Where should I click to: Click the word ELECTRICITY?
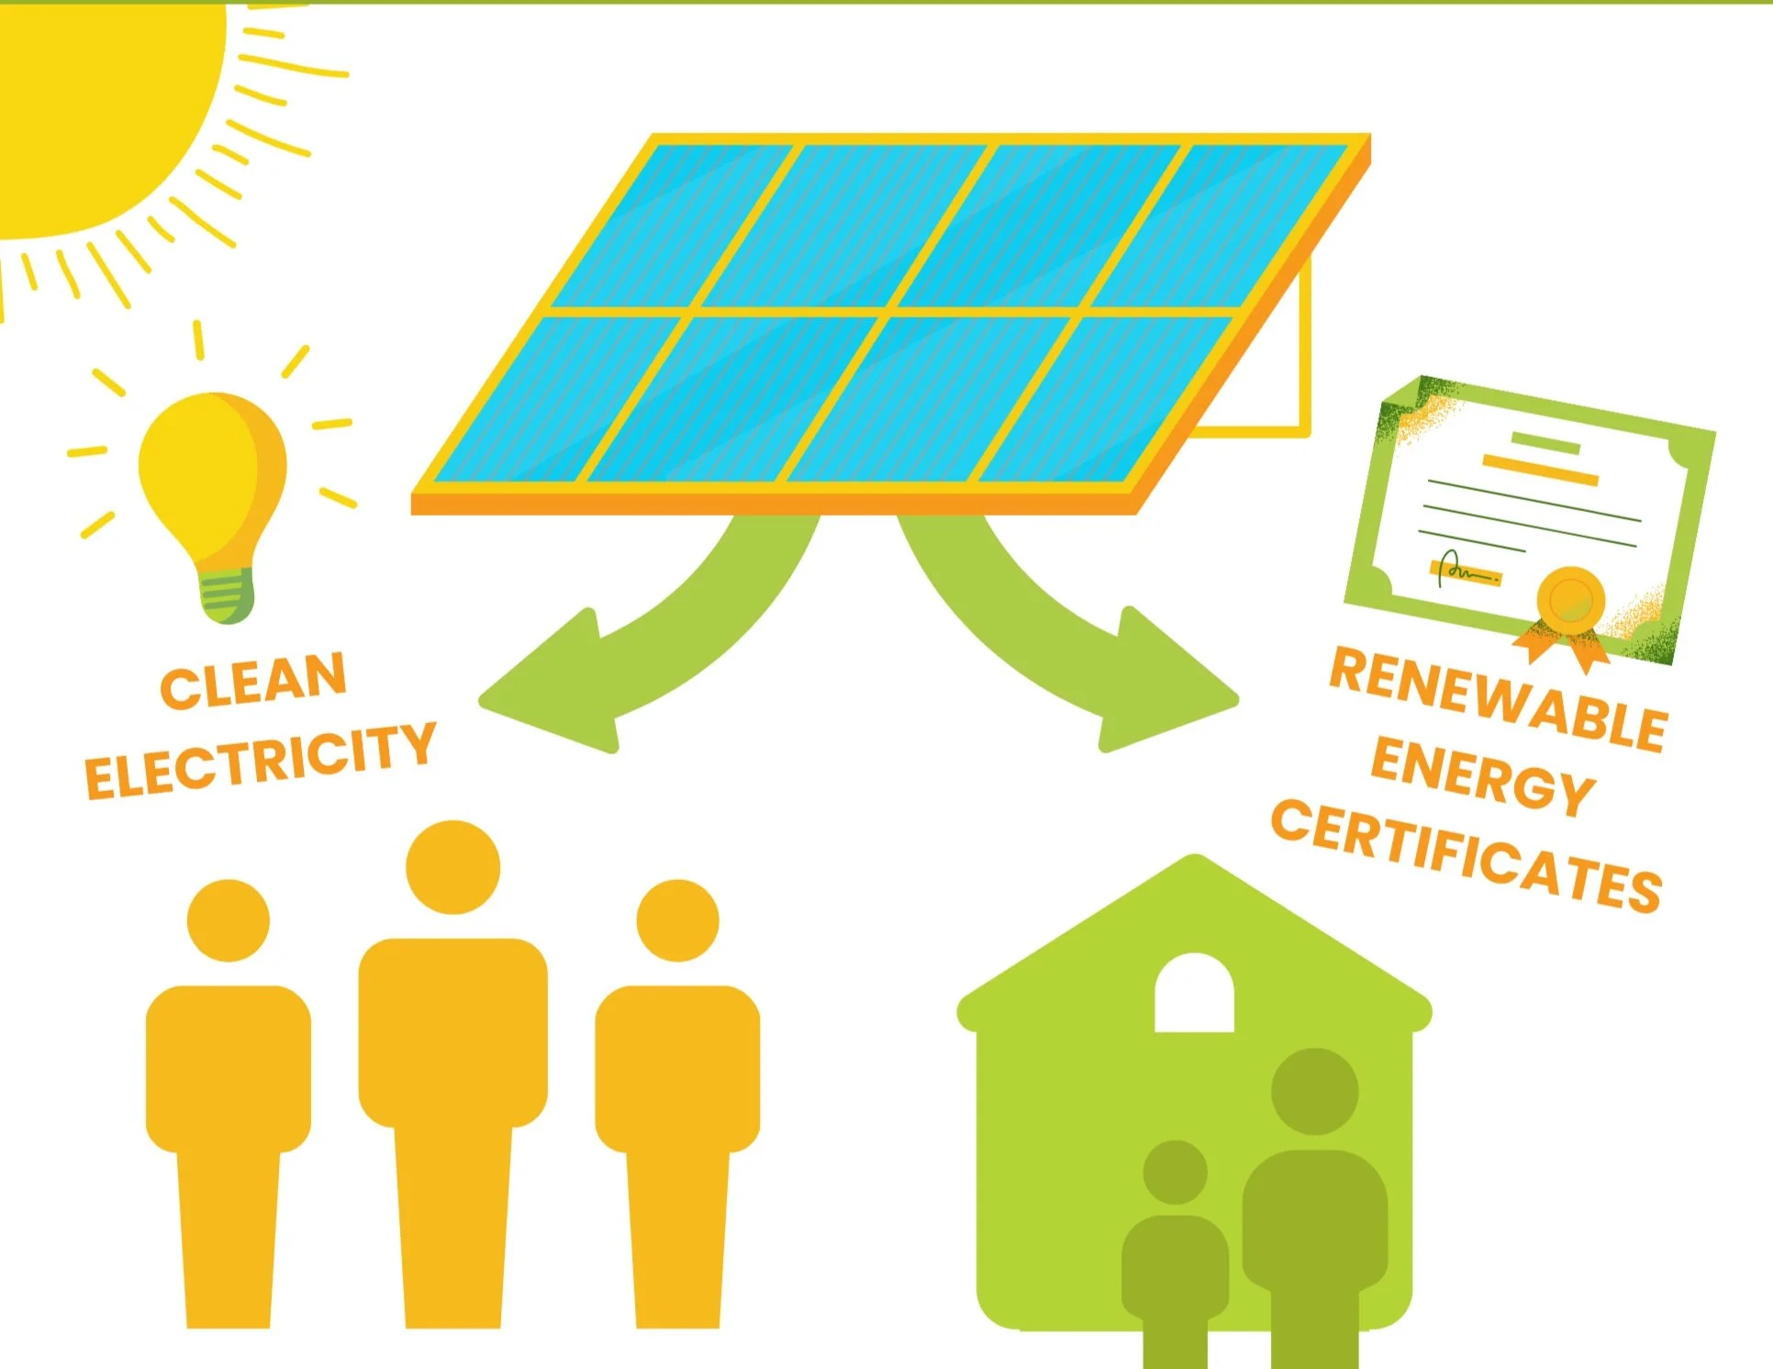[260, 760]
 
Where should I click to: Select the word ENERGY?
[1482, 776]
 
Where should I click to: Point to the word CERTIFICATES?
[1466, 855]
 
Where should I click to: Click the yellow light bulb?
[211, 477]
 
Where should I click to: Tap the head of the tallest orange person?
[452, 867]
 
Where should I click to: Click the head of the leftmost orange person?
[229, 920]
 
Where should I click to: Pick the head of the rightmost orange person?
[677, 920]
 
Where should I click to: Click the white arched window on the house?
[1194, 995]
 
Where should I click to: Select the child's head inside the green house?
[1175, 1172]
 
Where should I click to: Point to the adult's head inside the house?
[1314, 1092]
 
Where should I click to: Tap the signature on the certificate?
[1466, 571]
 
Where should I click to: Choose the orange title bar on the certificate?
[1541, 469]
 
